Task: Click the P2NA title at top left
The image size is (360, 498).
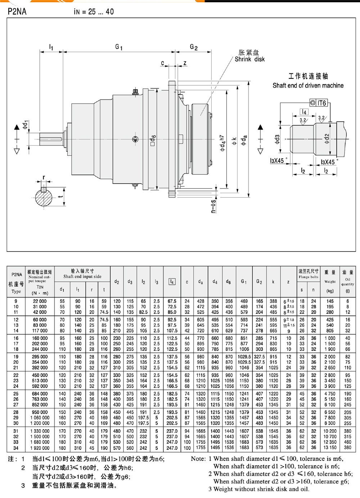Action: click(x=17, y=12)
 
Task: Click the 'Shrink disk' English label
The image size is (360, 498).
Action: click(x=249, y=59)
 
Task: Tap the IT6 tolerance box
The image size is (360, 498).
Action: click(x=319, y=103)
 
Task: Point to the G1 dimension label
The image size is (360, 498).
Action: click(x=119, y=47)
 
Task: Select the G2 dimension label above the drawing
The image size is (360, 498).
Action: click(x=194, y=47)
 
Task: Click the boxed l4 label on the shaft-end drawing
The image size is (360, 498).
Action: click(x=304, y=112)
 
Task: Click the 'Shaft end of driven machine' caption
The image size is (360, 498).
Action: click(x=308, y=85)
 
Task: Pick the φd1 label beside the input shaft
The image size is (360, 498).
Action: click(x=25, y=125)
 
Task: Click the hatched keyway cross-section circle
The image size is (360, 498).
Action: click(x=44, y=198)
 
